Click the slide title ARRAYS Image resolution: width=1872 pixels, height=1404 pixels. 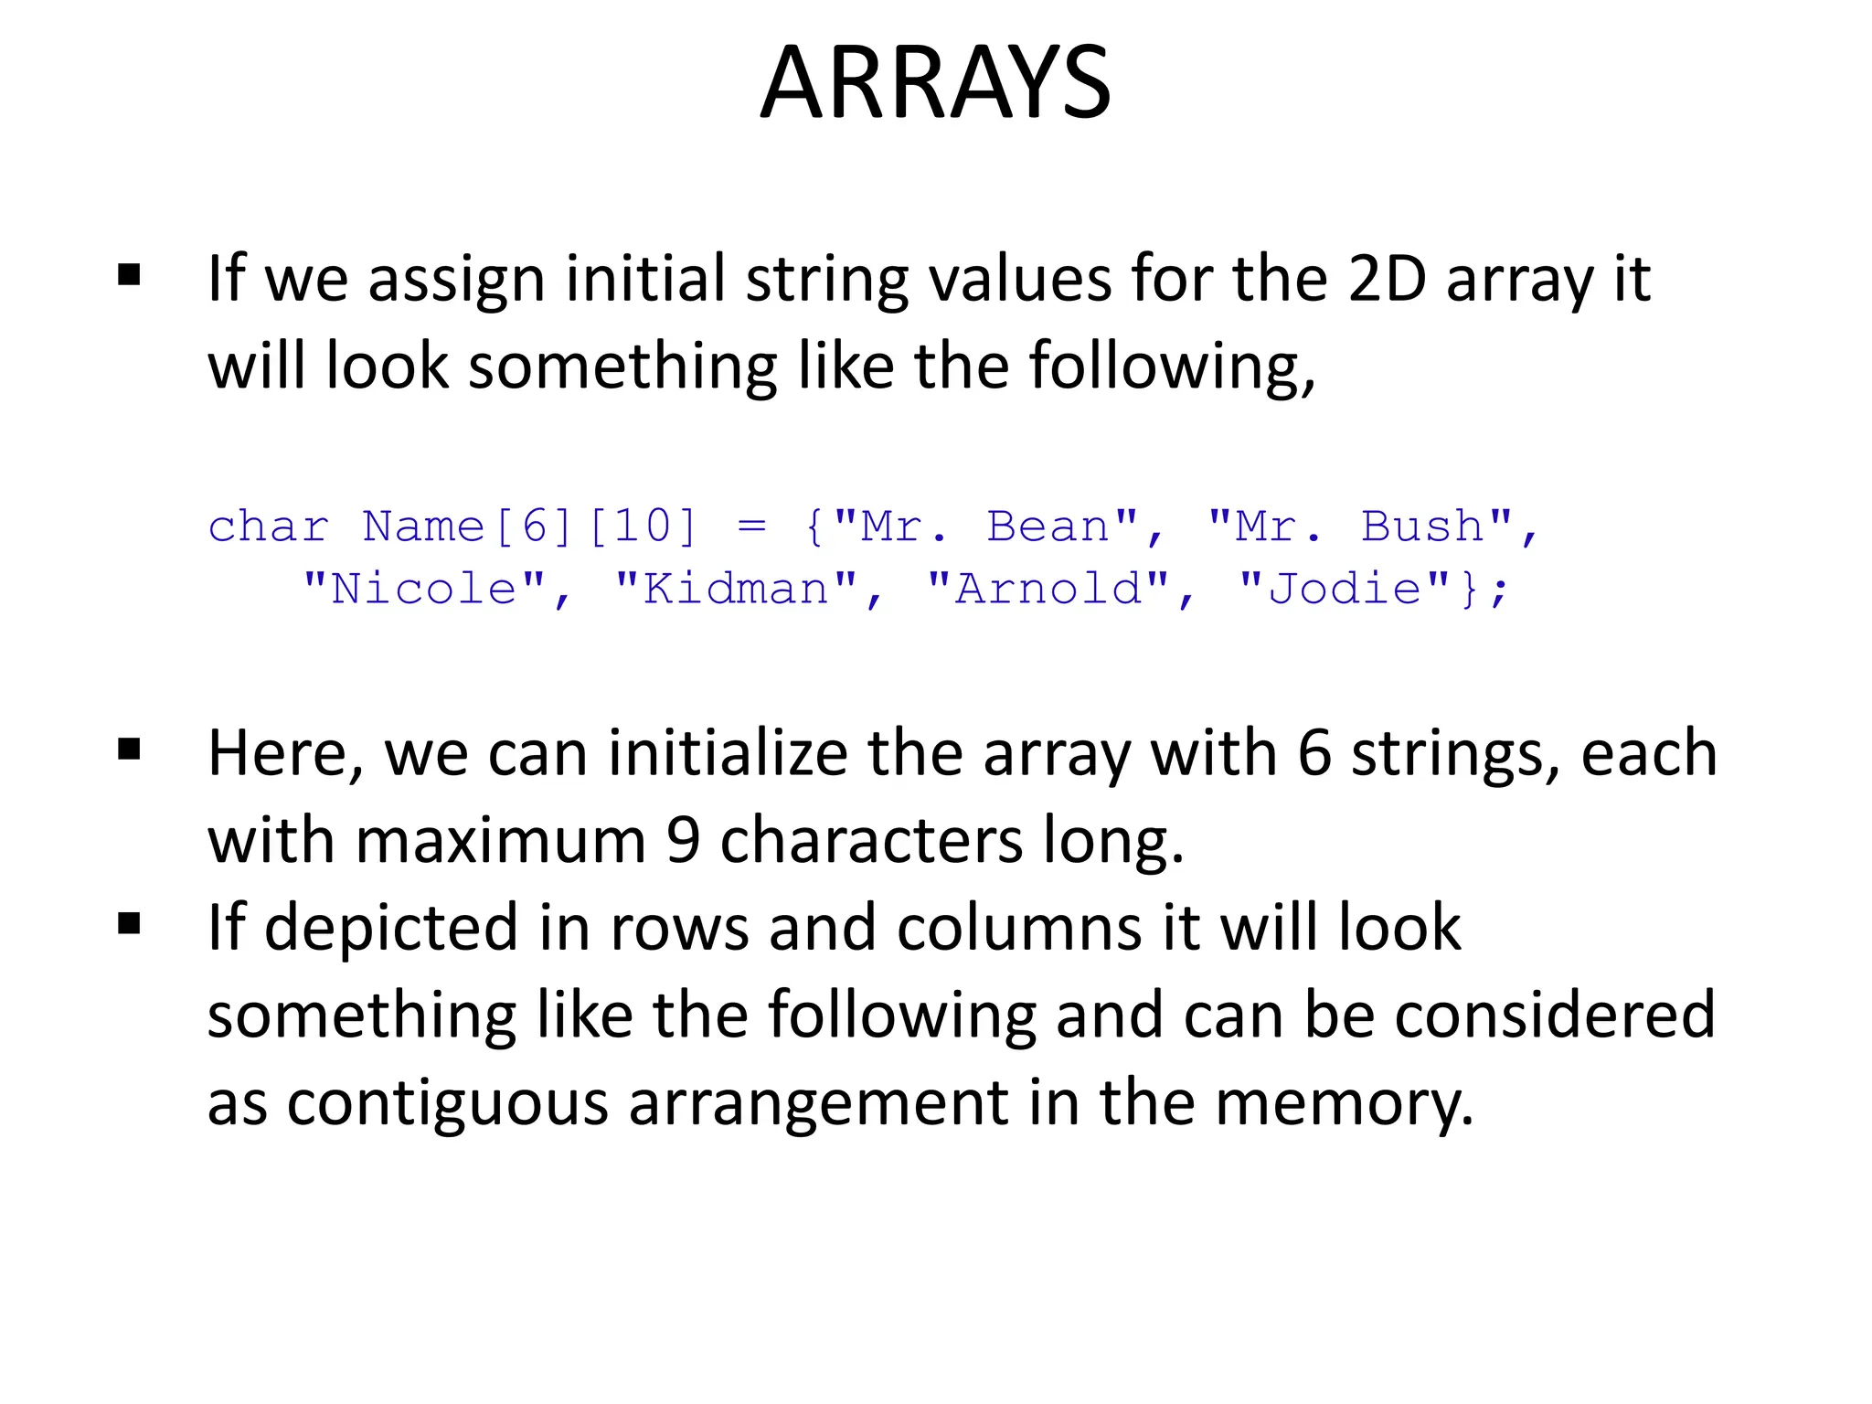(935, 82)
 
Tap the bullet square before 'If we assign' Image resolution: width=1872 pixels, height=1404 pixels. (129, 275)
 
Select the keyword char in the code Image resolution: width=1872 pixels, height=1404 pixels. (268, 527)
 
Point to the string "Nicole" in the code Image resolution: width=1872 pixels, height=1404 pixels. (424, 590)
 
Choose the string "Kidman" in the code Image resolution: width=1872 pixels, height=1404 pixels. (737, 590)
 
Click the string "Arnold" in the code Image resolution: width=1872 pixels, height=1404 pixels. (1048, 590)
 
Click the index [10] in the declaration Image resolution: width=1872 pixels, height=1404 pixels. (643, 527)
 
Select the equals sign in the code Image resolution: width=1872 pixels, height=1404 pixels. (751, 527)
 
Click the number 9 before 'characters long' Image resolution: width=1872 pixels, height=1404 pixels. (683, 841)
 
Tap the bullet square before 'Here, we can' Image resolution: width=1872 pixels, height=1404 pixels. (129, 750)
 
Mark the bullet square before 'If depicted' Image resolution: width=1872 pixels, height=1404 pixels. (129, 924)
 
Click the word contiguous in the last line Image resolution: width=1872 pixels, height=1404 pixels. (447, 1104)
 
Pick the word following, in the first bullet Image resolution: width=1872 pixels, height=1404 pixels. (1172, 367)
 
